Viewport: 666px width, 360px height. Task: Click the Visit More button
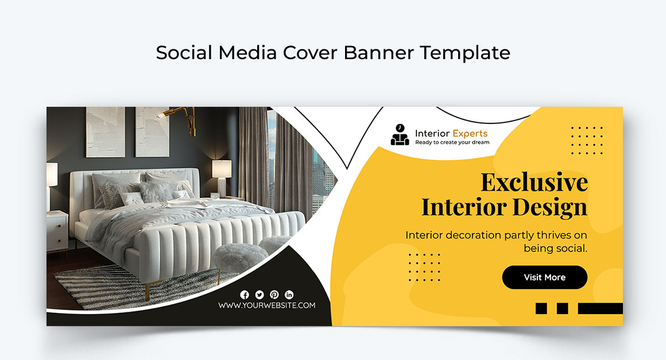(544, 277)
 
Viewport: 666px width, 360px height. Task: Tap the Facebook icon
(245, 295)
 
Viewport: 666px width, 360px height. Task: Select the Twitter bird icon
(260, 295)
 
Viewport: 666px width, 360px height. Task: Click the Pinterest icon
(274, 295)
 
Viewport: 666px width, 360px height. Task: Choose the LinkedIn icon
(289, 295)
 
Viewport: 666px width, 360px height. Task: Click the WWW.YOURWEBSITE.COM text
(266, 305)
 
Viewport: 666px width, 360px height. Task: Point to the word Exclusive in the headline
(534, 183)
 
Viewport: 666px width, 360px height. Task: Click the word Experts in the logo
(470, 133)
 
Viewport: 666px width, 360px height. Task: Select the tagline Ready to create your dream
(452, 142)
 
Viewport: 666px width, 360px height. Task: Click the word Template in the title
(464, 53)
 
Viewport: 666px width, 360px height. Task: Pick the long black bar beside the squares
(600, 308)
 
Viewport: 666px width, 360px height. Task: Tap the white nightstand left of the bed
(57, 230)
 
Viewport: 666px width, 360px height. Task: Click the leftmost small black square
(541, 308)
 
